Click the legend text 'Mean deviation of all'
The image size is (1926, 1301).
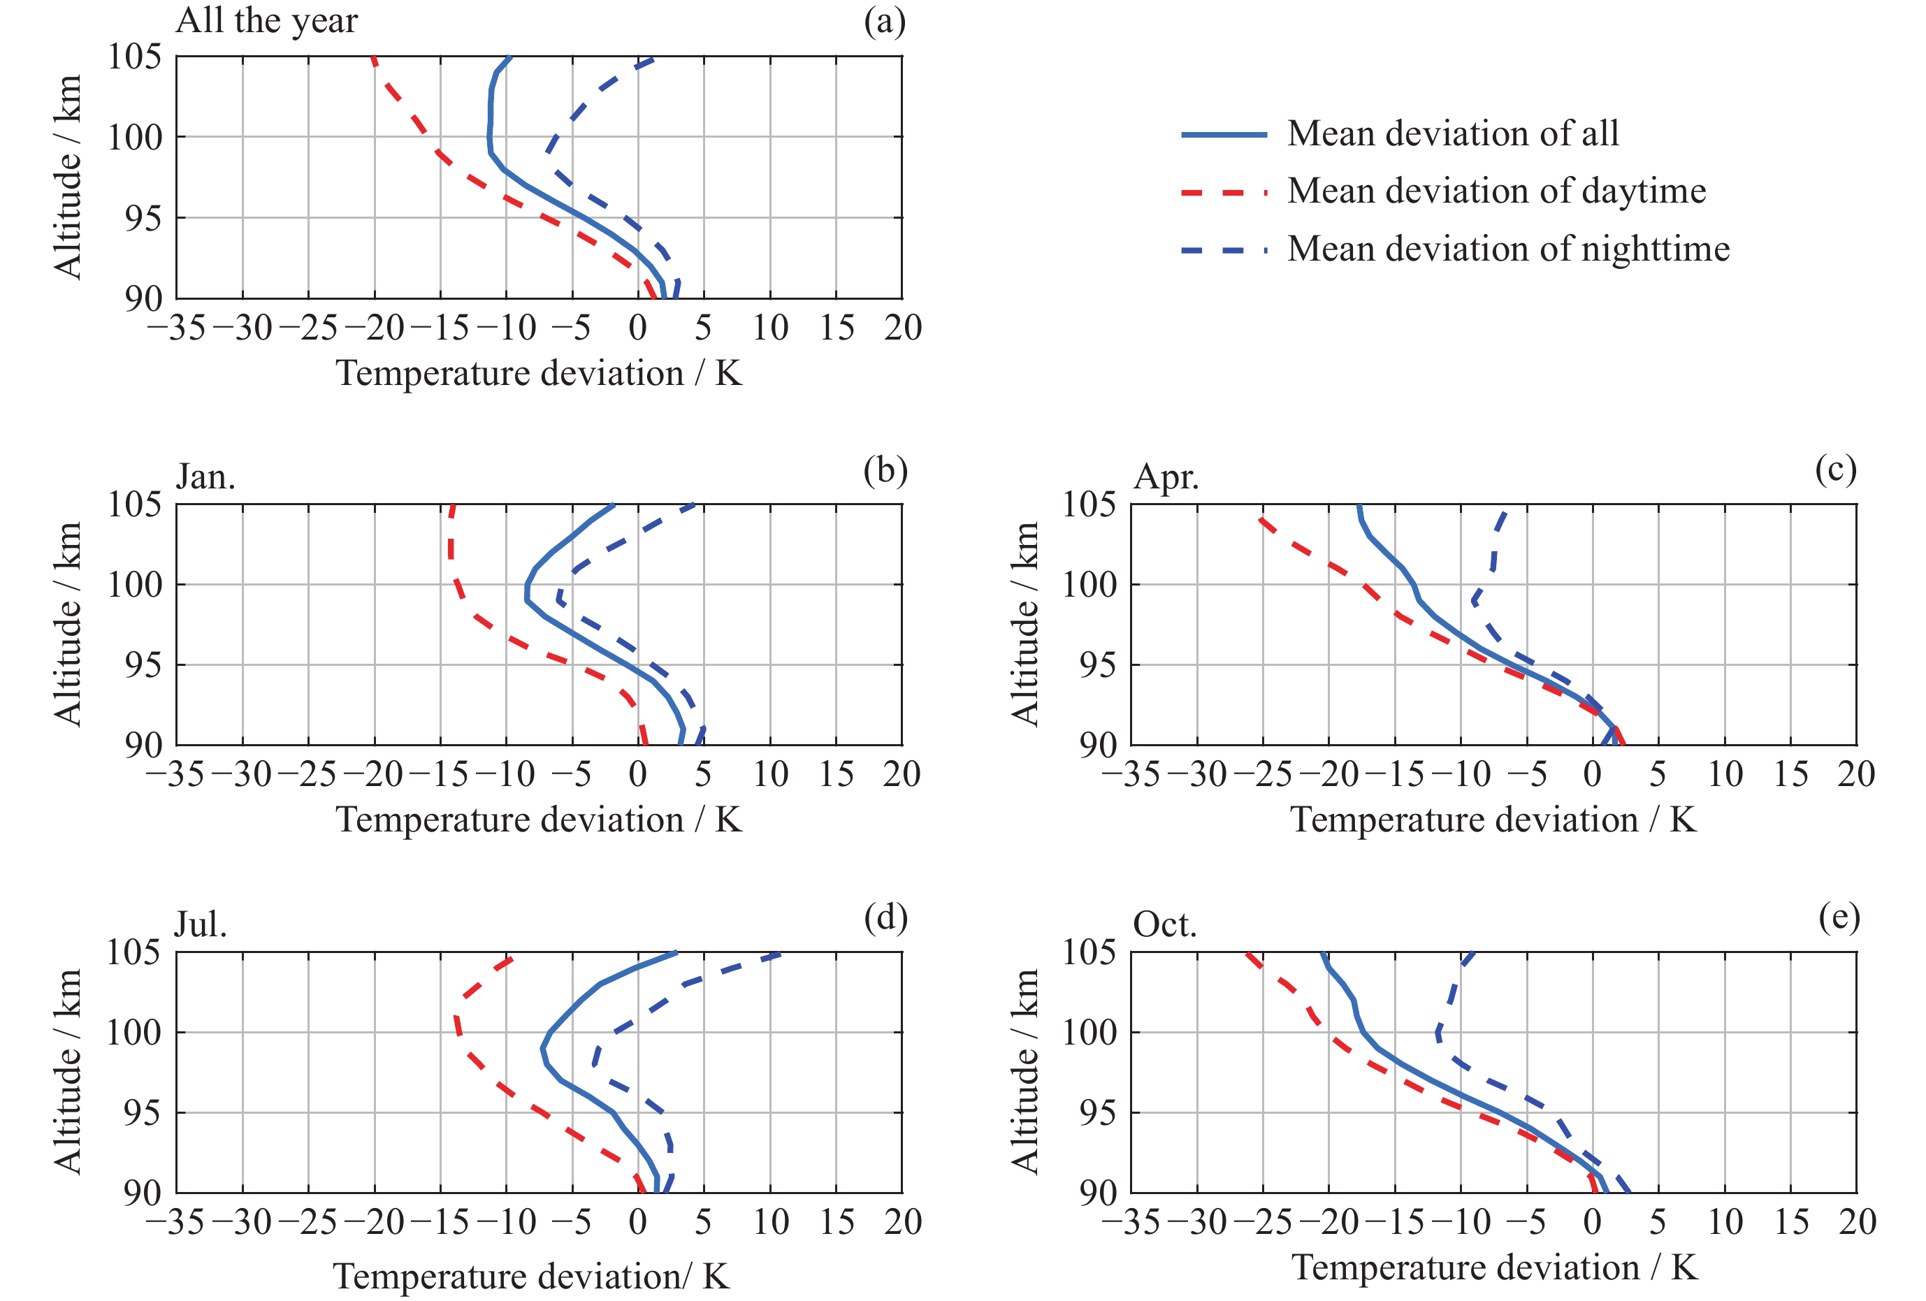[1452, 133]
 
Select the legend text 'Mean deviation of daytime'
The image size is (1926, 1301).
[1496, 191]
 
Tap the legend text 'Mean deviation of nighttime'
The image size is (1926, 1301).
[1507, 249]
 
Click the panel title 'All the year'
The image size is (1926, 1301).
[266, 21]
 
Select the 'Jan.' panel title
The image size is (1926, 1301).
[205, 477]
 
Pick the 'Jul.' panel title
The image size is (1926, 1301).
[201, 925]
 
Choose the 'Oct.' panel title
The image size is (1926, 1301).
[1164, 925]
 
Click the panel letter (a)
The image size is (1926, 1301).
[884, 21]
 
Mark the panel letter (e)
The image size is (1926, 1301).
[1839, 917]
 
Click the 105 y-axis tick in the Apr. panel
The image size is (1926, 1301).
[1089, 504]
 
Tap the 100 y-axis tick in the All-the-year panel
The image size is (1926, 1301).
[134, 138]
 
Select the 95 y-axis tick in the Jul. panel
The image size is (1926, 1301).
[142, 1113]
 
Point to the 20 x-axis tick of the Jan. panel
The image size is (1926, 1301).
[902, 775]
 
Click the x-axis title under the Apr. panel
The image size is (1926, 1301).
[1493, 820]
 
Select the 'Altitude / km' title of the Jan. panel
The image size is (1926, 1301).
[68, 624]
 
